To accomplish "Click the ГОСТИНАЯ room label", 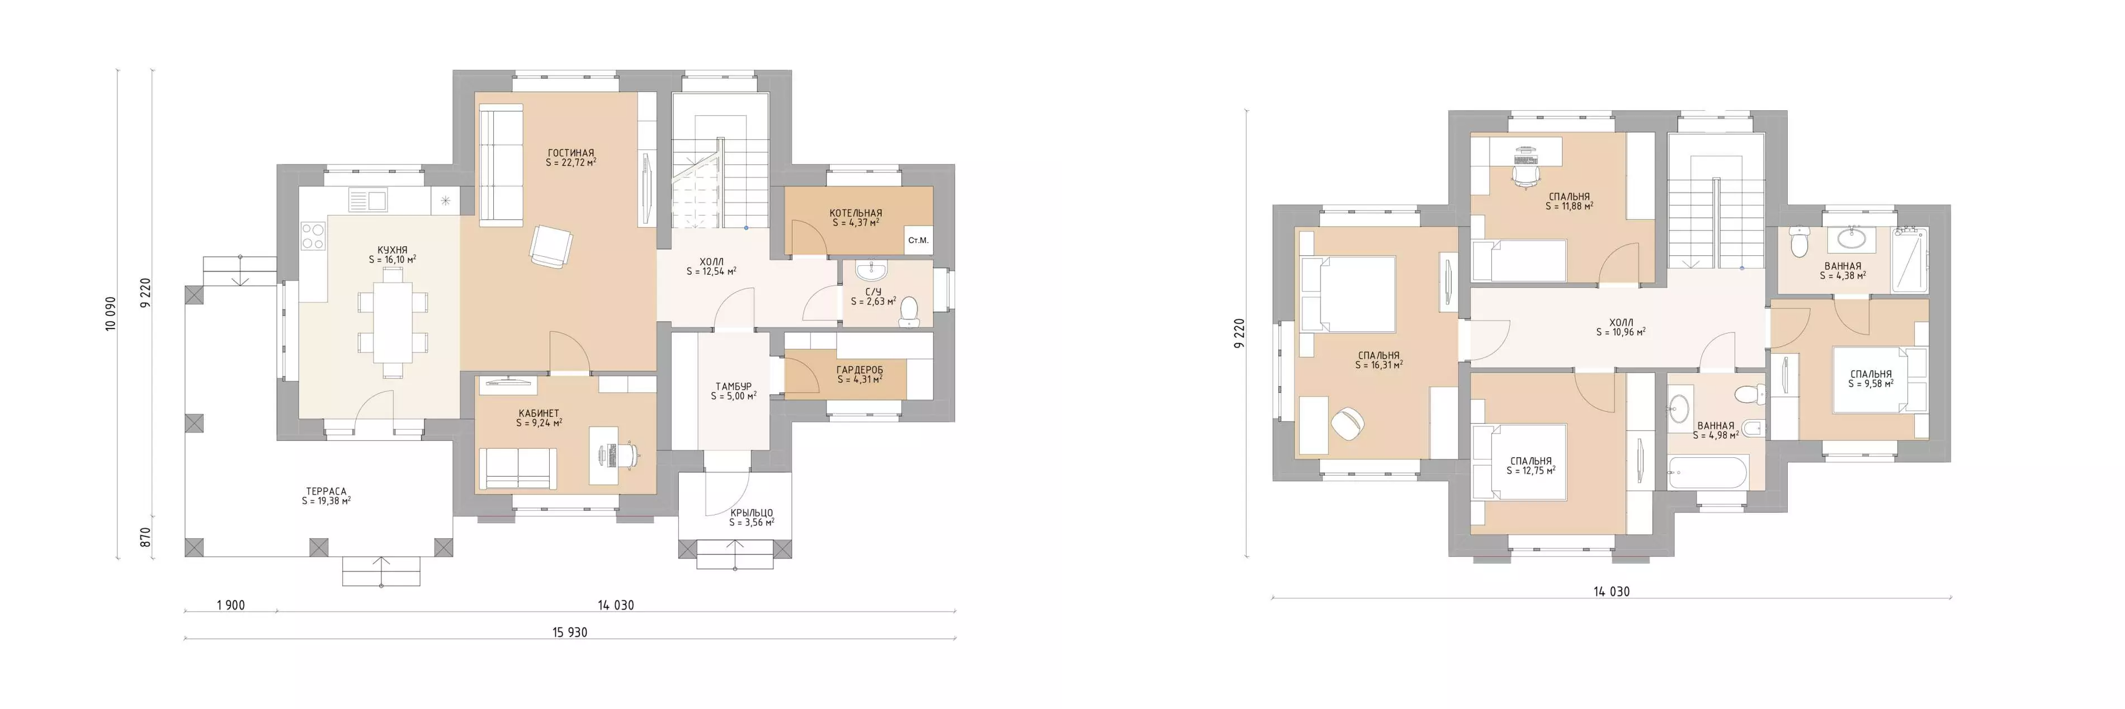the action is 571,153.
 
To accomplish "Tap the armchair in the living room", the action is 550,246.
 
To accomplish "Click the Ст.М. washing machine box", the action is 918,240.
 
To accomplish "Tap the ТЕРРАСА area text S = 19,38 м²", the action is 326,501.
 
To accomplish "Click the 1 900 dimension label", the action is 231,605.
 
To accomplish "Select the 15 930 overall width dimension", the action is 570,632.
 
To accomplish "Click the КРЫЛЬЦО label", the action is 752,513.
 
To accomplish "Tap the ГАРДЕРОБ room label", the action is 860,370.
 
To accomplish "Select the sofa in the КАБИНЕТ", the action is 518,469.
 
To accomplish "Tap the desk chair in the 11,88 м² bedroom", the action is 1526,175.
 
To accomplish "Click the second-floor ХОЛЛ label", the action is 1621,323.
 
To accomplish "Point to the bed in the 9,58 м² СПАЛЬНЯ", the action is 1872,379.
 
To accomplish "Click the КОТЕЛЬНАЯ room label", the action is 856,213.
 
